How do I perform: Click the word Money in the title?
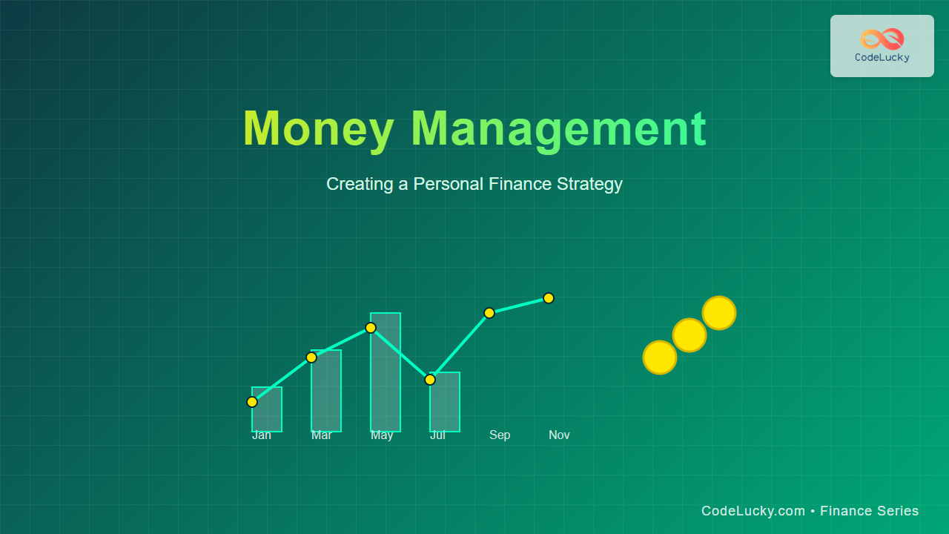point(319,130)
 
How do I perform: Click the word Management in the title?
point(559,130)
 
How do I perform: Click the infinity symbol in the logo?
point(882,39)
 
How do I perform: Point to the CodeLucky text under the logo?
point(882,58)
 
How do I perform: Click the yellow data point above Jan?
point(252,402)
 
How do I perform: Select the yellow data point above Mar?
point(311,357)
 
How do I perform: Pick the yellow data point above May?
point(371,328)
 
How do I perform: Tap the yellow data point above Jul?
point(430,380)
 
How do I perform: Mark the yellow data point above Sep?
point(489,313)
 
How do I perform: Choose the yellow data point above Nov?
point(549,298)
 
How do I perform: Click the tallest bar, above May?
point(386,372)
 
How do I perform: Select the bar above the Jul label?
point(445,402)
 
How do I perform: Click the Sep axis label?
point(500,435)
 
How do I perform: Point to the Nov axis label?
point(559,435)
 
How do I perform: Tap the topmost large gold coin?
point(719,313)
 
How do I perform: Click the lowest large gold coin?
point(660,357)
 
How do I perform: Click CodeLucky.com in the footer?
point(753,511)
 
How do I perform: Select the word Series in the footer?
point(898,511)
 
